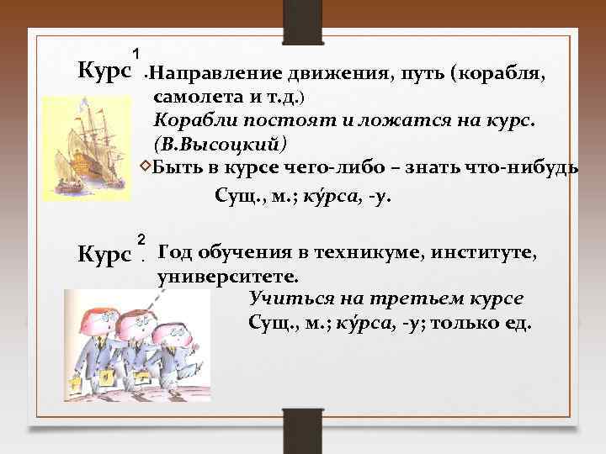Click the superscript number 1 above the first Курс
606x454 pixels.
[x=136, y=54]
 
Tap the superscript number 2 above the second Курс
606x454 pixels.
[x=141, y=238]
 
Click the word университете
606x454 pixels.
[x=227, y=275]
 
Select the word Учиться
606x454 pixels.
[x=285, y=298]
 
